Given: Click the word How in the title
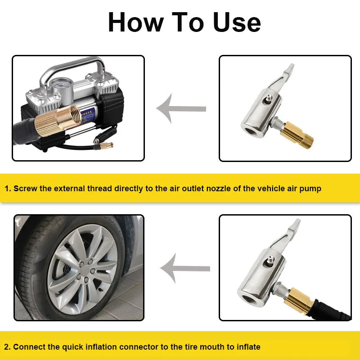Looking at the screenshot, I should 135,22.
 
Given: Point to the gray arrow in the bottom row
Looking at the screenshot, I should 184,268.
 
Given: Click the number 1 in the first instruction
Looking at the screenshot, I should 7,189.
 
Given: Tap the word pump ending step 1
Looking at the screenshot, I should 311,189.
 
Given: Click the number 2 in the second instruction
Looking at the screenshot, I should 7,347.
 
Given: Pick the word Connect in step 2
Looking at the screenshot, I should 29,347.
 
